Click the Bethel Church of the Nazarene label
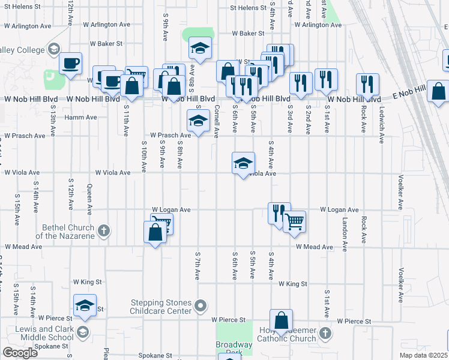[68, 232]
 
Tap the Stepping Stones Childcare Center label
[161, 307]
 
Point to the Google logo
[20, 353]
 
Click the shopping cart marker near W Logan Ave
[294, 221]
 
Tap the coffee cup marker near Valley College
[70, 64]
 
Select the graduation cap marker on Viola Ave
[243, 163]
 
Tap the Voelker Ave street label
[400, 192]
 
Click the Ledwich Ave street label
[382, 125]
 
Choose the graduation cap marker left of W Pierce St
[85, 305]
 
